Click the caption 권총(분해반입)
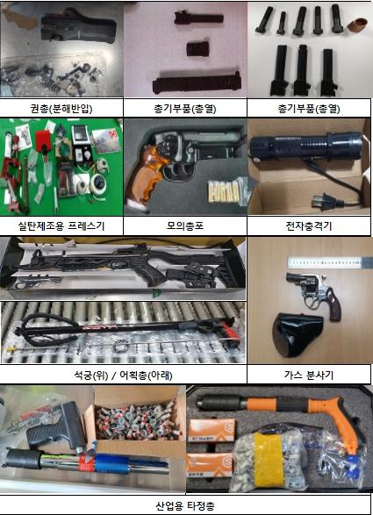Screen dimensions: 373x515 tap(61, 108)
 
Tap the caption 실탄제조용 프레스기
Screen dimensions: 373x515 tap(61, 226)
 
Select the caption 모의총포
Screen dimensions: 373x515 tap(185, 226)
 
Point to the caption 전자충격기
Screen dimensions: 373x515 tap(309, 226)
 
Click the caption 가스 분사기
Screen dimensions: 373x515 tap(309, 375)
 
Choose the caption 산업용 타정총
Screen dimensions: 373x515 tap(185, 505)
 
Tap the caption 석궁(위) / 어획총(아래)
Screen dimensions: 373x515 tap(123, 375)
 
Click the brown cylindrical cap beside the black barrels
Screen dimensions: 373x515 tap(357, 25)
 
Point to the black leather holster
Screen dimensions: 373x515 tap(298, 334)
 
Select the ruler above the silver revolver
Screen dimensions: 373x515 tap(325, 262)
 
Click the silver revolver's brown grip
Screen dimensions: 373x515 tap(333, 307)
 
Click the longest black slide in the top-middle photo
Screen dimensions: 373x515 tap(197, 82)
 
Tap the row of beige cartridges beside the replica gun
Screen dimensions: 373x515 tap(224, 191)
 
